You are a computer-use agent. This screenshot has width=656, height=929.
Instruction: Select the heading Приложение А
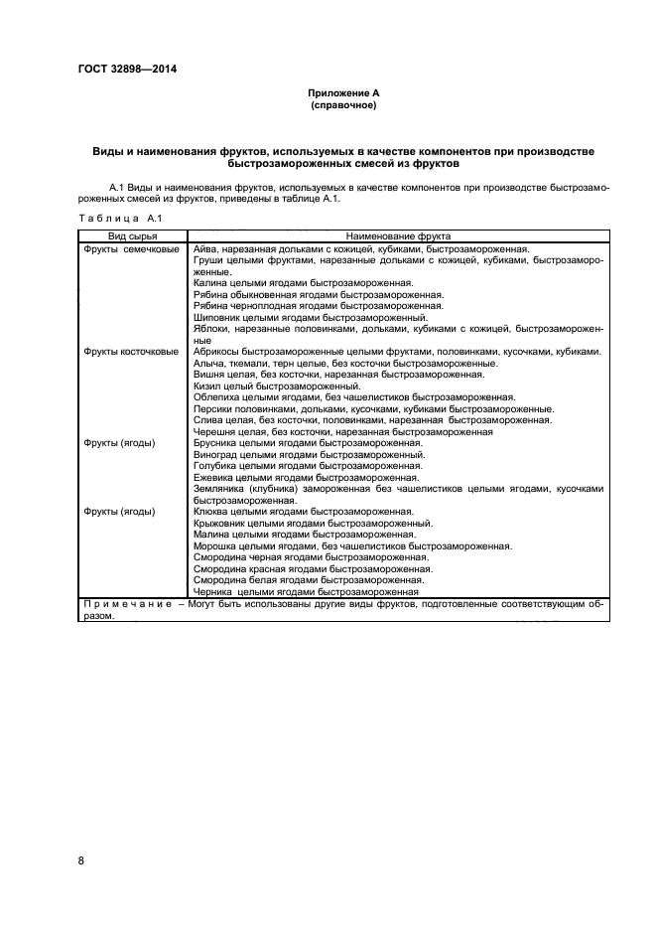pyautogui.click(x=343, y=92)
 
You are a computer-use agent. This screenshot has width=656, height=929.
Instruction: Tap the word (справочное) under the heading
pyautogui.click(x=343, y=104)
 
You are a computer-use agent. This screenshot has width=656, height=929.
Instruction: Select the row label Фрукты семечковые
pyautogui.click(x=132, y=248)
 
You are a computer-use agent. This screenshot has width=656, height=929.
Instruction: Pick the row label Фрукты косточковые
pyautogui.click(x=132, y=352)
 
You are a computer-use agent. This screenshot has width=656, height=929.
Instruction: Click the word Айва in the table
pyautogui.click(x=205, y=248)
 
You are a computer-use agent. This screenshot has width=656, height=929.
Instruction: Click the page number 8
pyautogui.click(x=81, y=860)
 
